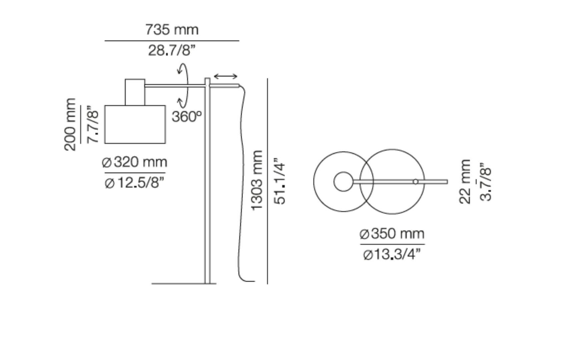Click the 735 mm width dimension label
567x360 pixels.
pos(172,30)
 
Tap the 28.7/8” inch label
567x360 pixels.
pos(172,51)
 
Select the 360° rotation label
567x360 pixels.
pos(187,117)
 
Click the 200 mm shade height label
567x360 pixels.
pos(70,124)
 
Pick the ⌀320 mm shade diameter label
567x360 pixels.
pos(134,162)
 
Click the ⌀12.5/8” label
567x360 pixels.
pos(134,183)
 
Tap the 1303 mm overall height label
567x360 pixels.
pos(257,180)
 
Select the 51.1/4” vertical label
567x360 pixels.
pos(280,181)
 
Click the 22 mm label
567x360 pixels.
pos(465,182)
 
